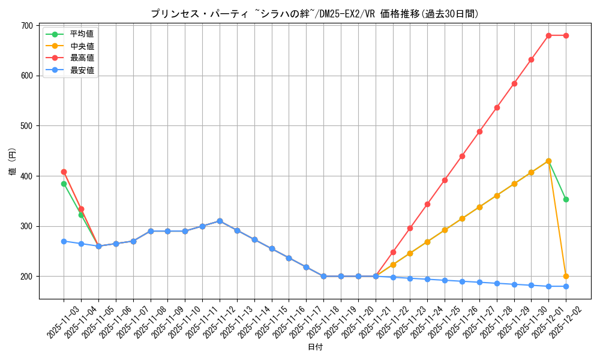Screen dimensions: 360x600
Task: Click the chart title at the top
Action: [x=314, y=14]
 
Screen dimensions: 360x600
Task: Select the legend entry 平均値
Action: [x=82, y=34]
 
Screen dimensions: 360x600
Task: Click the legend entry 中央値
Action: [x=82, y=46]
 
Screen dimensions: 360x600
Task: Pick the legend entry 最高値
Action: [x=82, y=58]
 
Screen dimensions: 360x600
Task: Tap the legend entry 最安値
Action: [x=82, y=70]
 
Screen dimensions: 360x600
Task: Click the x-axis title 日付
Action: [x=315, y=347]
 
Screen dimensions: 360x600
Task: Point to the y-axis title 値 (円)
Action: [x=12, y=162]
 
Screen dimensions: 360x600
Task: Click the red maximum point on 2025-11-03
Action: [x=64, y=172]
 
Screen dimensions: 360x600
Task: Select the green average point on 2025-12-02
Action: [x=566, y=199]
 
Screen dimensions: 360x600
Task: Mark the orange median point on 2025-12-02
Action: [x=566, y=277]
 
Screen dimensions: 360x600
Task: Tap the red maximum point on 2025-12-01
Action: [x=548, y=35]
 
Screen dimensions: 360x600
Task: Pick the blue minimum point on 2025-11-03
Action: [x=64, y=241]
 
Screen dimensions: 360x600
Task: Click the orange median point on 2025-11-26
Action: [x=462, y=218]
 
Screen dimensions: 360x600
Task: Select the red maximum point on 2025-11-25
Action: [x=445, y=180]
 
